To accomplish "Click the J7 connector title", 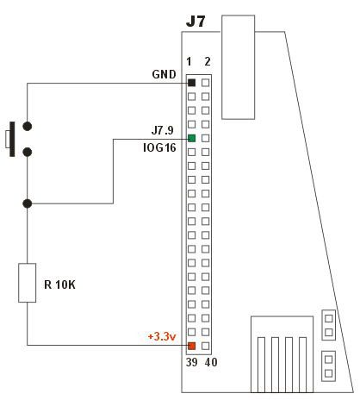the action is pyautogui.click(x=196, y=22).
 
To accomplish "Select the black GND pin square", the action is pyautogui.click(x=192, y=83).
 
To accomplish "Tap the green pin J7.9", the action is pyautogui.click(x=192, y=138).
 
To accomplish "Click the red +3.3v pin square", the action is pyautogui.click(x=192, y=346).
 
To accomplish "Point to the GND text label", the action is pyautogui.click(x=164, y=74).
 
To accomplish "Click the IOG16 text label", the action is pyautogui.click(x=159, y=147).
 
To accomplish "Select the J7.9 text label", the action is pyautogui.click(x=163, y=130).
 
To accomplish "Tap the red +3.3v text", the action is pyautogui.click(x=162, y=336).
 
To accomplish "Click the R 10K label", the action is pyautogui.click(x=59, y=284).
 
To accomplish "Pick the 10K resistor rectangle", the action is pyautogui.click(x=28, y=283).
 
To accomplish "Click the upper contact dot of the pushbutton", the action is pyautogui.click(x=28, y=126).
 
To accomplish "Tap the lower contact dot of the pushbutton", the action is pyautogui.click(x=28, y=152).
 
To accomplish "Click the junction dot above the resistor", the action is pyautogui.click(x=28, y=203).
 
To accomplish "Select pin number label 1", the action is pyautogui.click(x=189, y=61).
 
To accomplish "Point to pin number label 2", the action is pyautogui.click(x=208, y=61).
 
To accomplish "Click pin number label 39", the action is pyautogui.click(x=191, y=362).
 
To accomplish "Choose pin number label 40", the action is pyautogui.click(x=211, y=362).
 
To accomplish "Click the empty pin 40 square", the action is pyautogui.click(x=206, y=346).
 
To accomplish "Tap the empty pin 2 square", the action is pyautogui.click(x=206, y=83).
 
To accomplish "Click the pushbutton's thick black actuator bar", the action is pyautogui.click(x=12, y=139).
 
